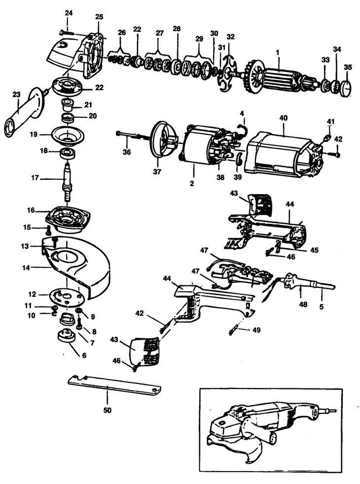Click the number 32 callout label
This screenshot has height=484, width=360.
click(230, 37)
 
